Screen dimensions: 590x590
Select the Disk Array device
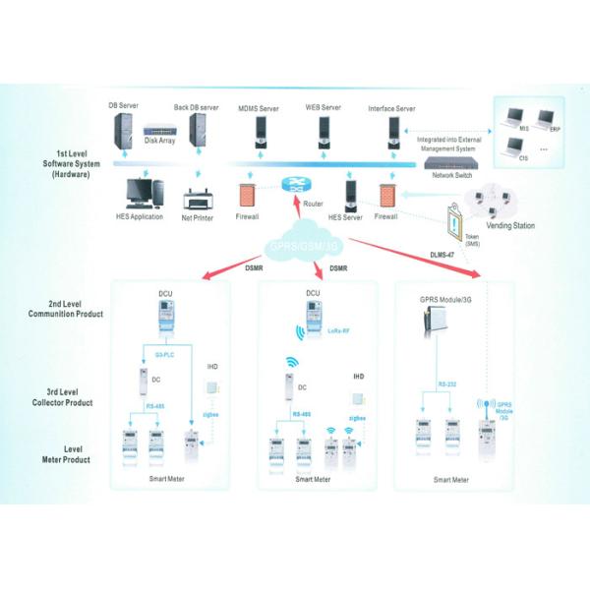pos(161,129)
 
